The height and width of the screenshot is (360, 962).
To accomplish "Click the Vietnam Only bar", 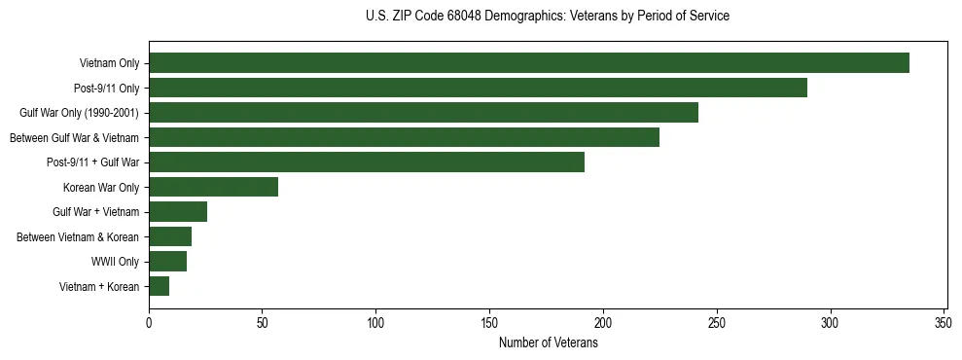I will (x=529, y=63).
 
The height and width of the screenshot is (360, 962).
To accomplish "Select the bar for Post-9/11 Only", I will (x=478, y=88).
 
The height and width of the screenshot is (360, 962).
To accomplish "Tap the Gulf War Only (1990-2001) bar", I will (x=423, y=113).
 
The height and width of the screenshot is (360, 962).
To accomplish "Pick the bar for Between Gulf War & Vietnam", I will (x=404, y=137).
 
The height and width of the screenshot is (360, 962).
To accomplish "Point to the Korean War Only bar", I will (x=213, y=187).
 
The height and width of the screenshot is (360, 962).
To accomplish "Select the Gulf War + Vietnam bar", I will (x=178, y=212).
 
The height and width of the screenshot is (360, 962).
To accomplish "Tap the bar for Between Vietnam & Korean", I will (x=170, y=236).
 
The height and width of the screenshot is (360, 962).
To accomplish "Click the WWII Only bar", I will (x=167, y=262).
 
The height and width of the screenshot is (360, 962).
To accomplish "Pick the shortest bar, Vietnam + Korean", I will (x=159, y=286).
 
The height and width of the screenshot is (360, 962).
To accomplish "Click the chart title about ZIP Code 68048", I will (x=548, y=17).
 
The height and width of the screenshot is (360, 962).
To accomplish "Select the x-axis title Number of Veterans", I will (x=548, y=343).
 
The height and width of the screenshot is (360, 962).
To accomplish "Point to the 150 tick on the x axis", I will (x=489, y=322).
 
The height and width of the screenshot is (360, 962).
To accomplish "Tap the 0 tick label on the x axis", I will (x=149, y=322).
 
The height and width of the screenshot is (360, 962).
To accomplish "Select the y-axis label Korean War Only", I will (x=101, y=187).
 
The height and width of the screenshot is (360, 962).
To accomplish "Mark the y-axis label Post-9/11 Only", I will (x=106, y=89).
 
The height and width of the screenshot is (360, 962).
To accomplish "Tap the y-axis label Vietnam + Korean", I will (x=99, y=287).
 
